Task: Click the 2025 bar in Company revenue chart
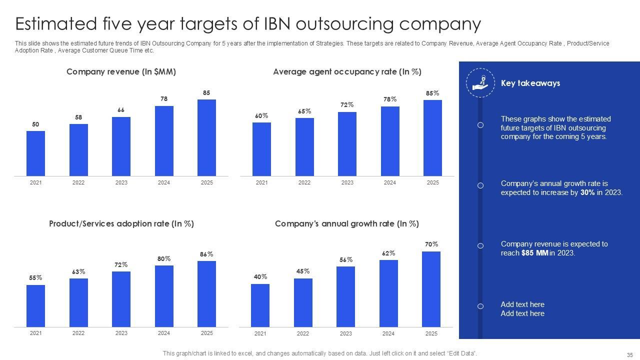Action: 206,137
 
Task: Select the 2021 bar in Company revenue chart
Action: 35,153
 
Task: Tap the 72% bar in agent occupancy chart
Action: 347,144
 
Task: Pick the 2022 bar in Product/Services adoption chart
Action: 78,302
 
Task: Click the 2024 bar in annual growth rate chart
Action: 388,293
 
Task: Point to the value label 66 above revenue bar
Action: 121,110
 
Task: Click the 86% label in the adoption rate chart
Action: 206,254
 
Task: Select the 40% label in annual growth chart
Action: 260,277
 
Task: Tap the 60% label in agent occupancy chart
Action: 261,116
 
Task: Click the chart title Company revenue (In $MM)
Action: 121,72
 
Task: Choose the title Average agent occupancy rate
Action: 347,72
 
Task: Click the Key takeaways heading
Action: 530,83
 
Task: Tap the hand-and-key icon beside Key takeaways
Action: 480,83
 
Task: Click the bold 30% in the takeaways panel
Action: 587,192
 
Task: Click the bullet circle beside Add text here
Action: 480,306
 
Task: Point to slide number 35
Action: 629,354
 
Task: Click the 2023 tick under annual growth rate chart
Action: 345,333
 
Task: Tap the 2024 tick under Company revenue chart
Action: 164,182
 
